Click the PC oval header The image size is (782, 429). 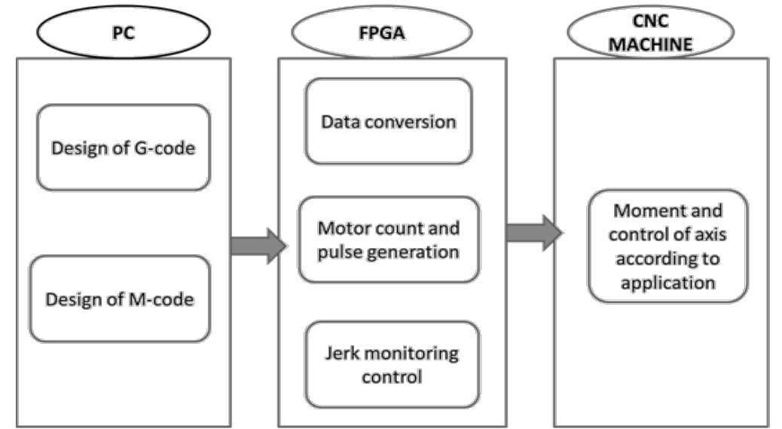(123, 32)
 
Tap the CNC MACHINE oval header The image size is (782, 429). (650, 32)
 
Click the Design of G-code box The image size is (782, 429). (123, 147)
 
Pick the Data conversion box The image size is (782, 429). (388, 121)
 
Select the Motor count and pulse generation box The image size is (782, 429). (388, 239)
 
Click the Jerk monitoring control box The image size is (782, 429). (392, 364)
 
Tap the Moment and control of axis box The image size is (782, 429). (667, 246)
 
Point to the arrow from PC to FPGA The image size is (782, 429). (258, 246)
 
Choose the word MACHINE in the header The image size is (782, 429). (650, 44)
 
